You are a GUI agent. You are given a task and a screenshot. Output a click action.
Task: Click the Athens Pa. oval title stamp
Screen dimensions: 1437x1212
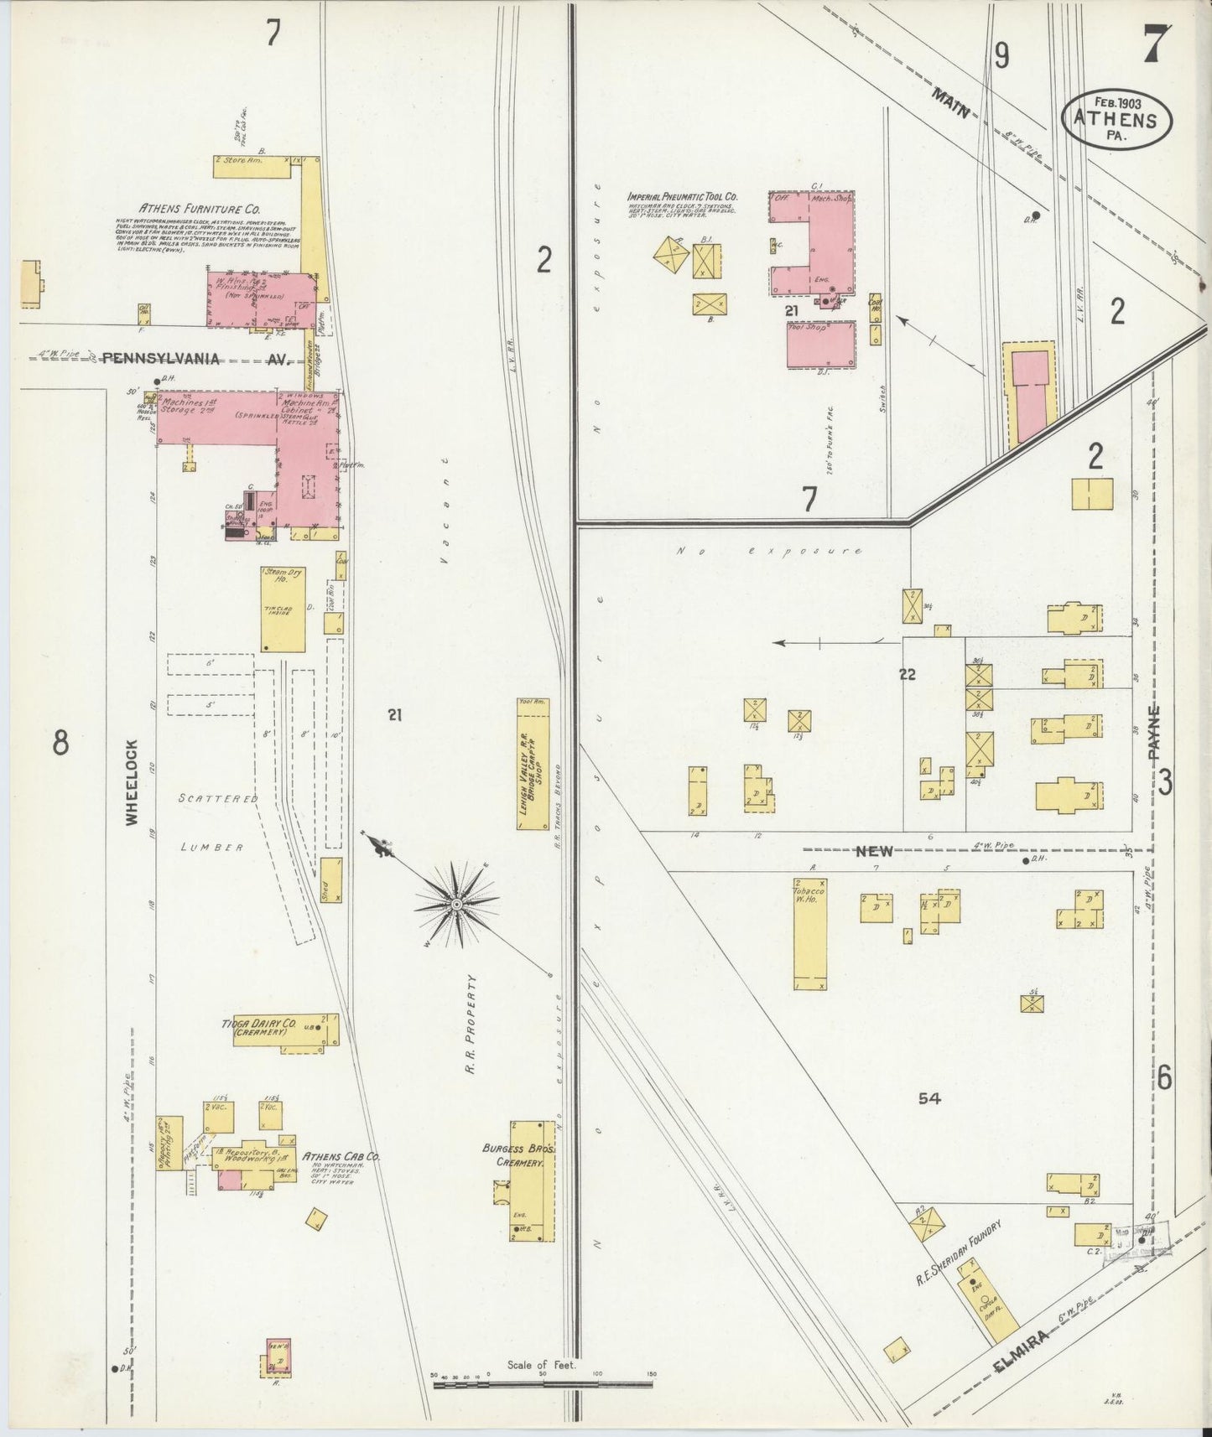[1117, 117]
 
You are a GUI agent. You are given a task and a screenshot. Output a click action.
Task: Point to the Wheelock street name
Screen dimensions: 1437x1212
[132, 782]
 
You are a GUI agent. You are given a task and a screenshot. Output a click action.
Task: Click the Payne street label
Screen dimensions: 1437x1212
[1156, 732]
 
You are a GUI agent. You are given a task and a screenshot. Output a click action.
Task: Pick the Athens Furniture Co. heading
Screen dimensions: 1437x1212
[200, 209]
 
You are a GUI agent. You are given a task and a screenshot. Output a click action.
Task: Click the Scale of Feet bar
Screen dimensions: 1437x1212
[543, 1383]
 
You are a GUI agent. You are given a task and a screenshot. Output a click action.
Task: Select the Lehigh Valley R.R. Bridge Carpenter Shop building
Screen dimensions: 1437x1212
[533, 764]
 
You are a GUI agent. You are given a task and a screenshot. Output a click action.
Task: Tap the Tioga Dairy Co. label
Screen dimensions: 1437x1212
[259, 1026]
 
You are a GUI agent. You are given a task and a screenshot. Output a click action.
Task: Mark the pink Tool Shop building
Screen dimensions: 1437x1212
[820, 344]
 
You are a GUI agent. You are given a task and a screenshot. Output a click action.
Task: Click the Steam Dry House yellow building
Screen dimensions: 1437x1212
[283, 609]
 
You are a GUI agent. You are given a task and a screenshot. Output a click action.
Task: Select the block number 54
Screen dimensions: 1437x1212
[929, 1098]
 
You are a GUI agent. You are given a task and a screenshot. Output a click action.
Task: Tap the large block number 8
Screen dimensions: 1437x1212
[60, 742]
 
